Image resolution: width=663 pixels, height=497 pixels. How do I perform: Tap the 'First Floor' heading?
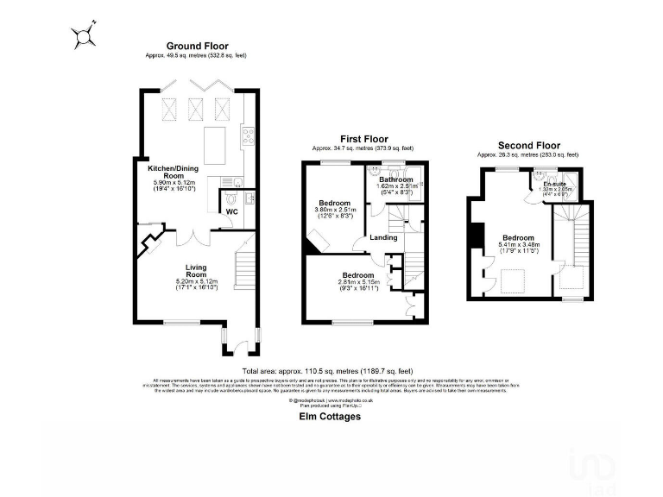(363, 139)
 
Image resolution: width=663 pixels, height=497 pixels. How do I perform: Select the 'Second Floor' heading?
(530, 146)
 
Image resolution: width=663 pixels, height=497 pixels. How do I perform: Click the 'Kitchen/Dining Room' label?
(168, 172)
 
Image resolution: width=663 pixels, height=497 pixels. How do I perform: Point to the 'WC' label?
(230, 211)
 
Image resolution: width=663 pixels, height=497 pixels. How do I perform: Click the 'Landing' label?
(383, 237)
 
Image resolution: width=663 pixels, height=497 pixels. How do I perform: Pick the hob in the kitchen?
(248, 134)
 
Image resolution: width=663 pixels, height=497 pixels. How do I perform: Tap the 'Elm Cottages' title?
(324, 416)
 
